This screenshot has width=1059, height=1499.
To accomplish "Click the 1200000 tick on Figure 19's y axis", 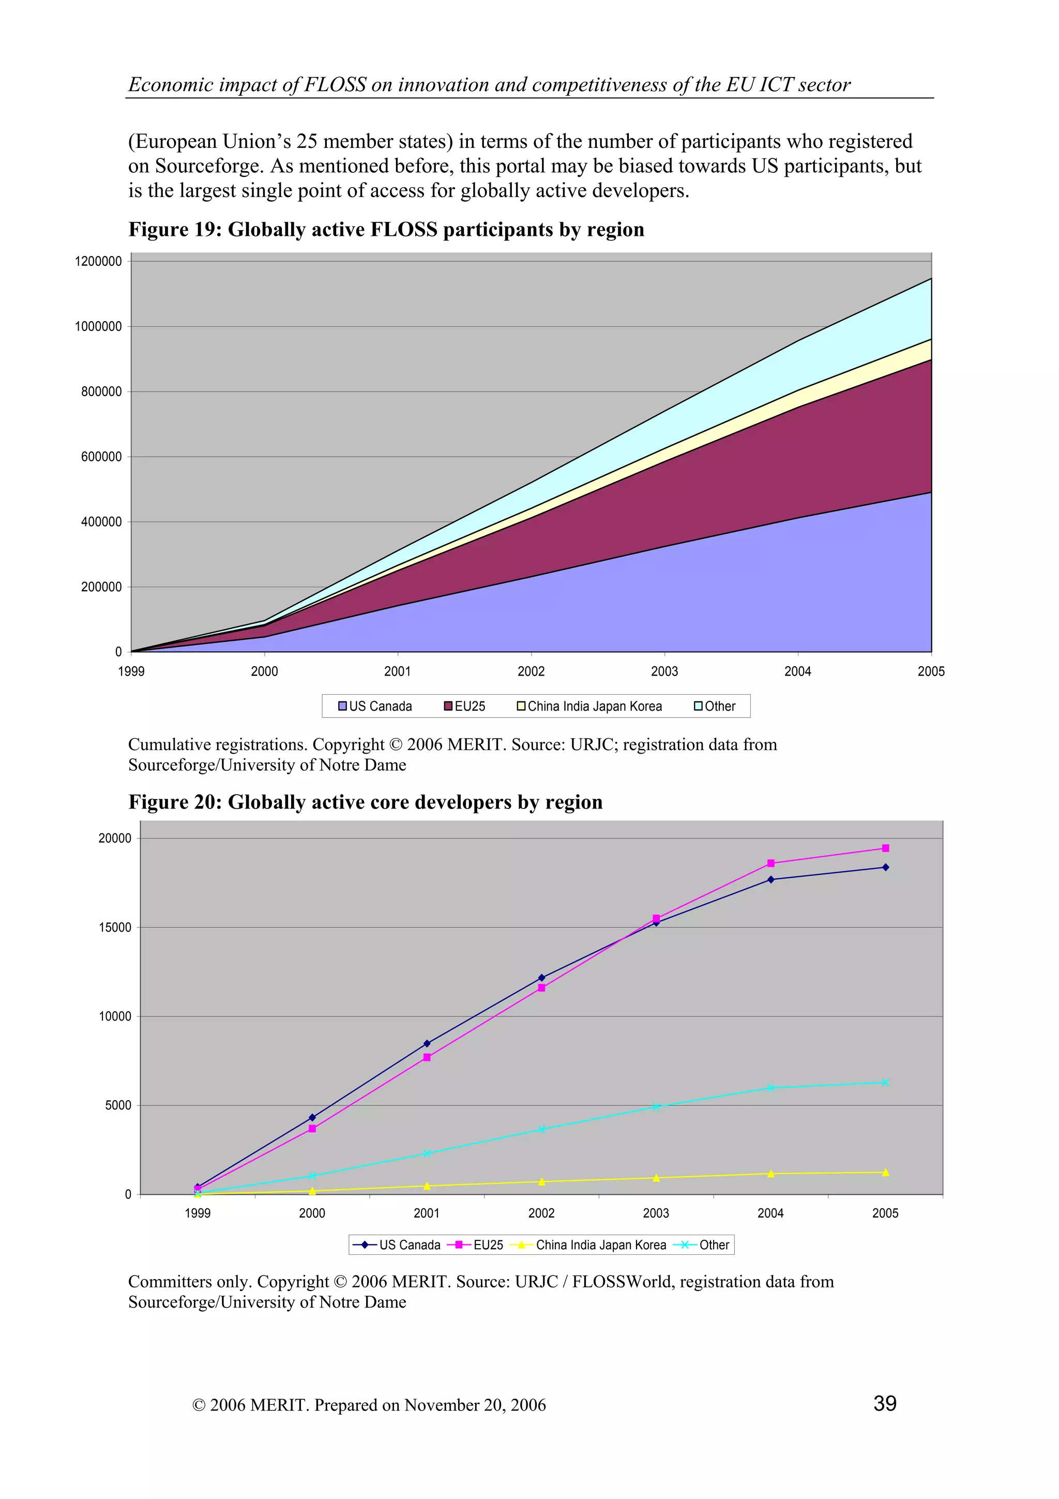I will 98,261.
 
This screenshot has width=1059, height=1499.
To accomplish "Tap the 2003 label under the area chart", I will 664,671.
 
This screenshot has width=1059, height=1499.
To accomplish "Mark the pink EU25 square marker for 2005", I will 885,848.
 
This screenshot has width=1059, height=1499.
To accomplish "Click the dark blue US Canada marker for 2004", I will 770,879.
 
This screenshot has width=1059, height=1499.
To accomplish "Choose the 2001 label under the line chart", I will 426,1213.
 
